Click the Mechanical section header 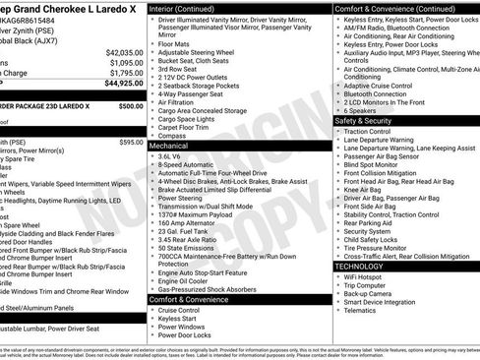click(169, 144)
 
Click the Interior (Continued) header click(190, 7)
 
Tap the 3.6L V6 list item click(171, 155)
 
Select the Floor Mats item click(175, 43)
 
